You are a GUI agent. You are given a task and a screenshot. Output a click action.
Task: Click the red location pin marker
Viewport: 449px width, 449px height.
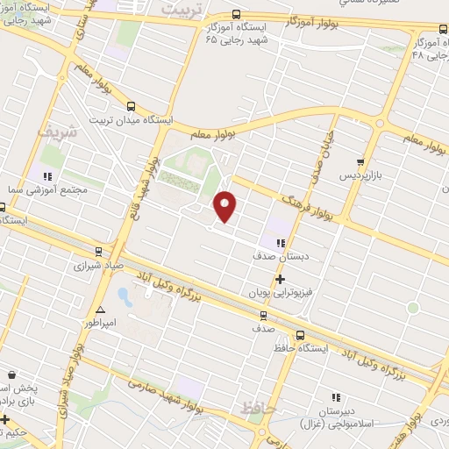pos(225,204)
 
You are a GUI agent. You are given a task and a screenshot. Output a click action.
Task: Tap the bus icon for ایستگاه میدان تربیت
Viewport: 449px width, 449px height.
pos(130,106)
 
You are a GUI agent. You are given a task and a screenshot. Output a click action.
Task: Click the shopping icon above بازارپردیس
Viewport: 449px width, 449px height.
pos(360,162)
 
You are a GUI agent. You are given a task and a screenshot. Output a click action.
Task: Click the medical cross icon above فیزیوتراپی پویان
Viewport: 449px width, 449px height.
pos(280,281)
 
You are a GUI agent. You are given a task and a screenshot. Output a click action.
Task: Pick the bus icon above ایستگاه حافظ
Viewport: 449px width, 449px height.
pos(301,334)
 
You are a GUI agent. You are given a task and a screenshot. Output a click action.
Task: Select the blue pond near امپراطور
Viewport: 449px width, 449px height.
pos(125,296)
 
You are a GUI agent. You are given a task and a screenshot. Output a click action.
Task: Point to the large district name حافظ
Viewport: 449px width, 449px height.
pos(258,408)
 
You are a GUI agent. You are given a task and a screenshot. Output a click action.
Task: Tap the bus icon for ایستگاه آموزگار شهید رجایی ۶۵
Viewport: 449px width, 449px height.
pos(236,14)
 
